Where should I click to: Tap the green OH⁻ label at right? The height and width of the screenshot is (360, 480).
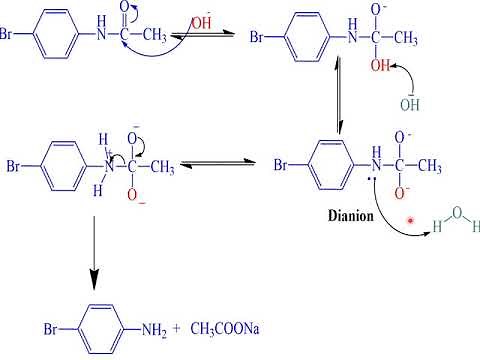pos(409,104)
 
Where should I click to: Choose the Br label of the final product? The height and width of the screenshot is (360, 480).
pos(52,328)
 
